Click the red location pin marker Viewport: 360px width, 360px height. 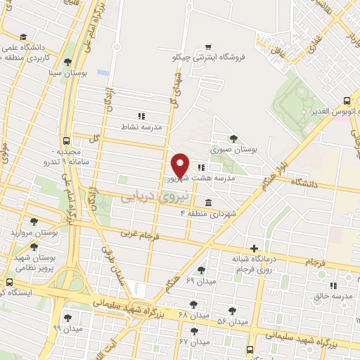180,165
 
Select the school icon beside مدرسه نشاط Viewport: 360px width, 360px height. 141,116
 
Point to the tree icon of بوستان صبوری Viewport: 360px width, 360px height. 233,139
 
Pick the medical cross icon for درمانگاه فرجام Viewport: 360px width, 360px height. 255,248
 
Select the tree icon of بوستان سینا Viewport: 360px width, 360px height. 67,61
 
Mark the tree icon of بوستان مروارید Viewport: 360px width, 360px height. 33,221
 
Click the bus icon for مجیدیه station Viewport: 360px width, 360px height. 66,140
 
